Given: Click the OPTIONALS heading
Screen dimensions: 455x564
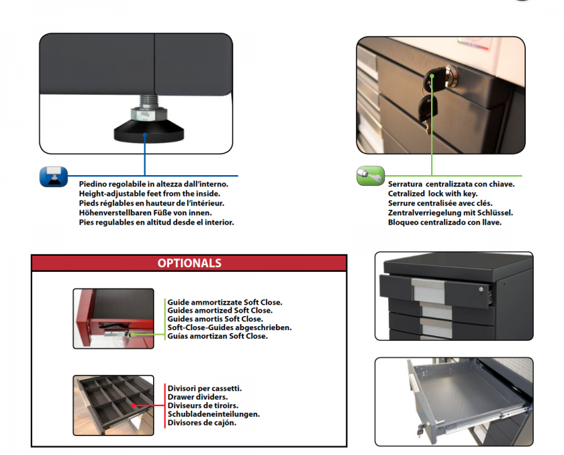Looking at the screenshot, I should [x=189, y=263].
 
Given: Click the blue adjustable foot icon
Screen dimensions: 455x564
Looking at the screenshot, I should [x=53, y=177].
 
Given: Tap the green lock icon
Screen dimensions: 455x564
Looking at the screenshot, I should [x=370, y=176].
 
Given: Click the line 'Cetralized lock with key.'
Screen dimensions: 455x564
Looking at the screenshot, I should [x=432, y=193].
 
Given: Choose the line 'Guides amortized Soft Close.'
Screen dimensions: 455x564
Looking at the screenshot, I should [x=220, y=311].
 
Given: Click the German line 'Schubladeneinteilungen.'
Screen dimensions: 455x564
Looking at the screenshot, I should [x=214, y=414].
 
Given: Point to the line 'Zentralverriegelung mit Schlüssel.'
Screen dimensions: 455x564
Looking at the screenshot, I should [x=450, y=213].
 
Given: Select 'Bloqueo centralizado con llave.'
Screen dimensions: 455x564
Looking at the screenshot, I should [x=444, y=222].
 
